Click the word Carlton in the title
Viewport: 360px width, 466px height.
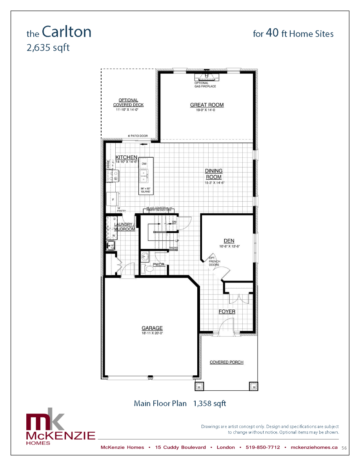coord(67,32)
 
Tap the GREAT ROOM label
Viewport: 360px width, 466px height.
coord(207,105)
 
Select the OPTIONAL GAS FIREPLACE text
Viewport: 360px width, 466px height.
coord(205,85)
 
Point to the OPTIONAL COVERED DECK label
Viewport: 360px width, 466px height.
coord(128,102)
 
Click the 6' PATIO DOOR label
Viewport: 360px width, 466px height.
coord(138,136)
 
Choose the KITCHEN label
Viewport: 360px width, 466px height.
coord(126,157)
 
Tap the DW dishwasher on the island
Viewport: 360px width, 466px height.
coord(144,164)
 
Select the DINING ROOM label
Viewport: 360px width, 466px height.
coord(214,174)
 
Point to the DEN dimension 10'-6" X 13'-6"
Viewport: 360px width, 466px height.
coord(229,246)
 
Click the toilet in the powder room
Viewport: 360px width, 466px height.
coord(148,269)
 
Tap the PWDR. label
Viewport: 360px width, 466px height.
coord(159,265)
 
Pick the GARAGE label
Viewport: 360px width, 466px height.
coord(152,328)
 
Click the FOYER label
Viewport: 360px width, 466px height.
coord(227,311)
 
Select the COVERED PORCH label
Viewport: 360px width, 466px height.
coord(227,362)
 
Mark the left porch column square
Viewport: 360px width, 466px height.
coord(199,386)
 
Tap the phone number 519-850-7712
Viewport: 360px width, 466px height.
coord(263,447)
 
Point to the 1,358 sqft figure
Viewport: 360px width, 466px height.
coord(209,403)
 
